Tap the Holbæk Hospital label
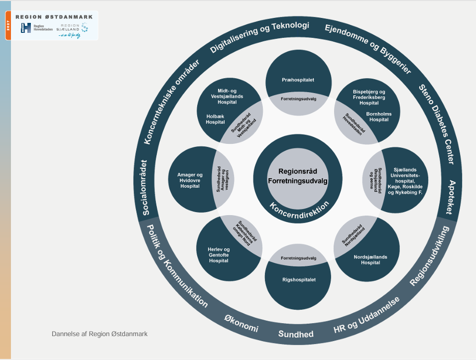(216, 119)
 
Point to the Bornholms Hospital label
(379, 117)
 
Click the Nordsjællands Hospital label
(370, 259)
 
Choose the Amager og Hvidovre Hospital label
(190, 180)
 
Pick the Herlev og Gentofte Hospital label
(219, 254)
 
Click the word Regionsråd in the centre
(298, 171)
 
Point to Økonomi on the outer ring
(241, 323)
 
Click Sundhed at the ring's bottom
(296, 334)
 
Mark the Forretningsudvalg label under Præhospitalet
(298, 99)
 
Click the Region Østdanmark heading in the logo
(54, 17)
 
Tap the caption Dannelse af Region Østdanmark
(100, 334)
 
